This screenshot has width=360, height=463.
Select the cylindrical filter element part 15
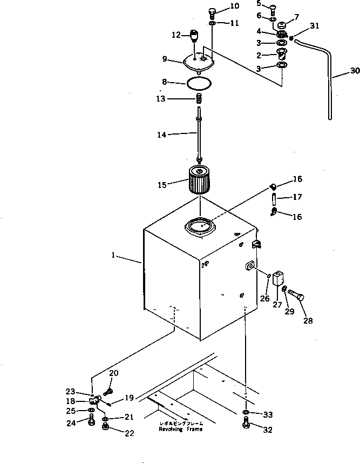[201, 180]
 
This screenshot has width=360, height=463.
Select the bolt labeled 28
[297, 296]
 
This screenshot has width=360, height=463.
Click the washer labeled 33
[246, 414]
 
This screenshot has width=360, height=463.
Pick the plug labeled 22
[105, 428]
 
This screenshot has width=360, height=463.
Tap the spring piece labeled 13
[200, 99]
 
